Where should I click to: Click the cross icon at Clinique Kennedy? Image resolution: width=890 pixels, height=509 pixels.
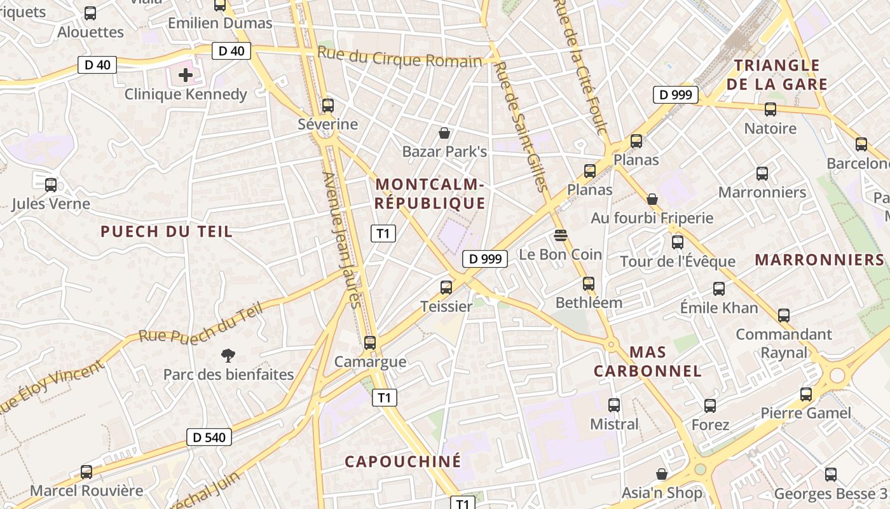[x=186, y=76]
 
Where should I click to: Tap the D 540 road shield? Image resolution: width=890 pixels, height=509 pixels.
[x=209, y=437]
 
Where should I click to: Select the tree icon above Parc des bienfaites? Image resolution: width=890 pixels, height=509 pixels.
[x=228, y=355]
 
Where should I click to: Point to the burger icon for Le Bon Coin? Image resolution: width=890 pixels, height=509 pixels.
[x=560, y=235]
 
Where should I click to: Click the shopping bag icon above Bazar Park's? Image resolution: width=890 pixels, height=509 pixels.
[x=444, y=133]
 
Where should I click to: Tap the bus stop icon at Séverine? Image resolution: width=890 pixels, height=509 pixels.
[x=328, y=106]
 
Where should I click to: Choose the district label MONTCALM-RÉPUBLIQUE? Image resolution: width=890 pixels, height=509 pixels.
[x=430, y=194]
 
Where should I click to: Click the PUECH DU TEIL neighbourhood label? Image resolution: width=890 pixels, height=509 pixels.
[x=167, y=232]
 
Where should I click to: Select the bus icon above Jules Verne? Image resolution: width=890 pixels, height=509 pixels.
[x=51, y=185]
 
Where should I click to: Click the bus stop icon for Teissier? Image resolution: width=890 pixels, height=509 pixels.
[x=446, y=288]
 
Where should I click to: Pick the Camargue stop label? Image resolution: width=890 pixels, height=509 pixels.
[x=370, y=362]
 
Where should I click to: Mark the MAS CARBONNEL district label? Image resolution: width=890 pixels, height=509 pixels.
[x=647, y=361]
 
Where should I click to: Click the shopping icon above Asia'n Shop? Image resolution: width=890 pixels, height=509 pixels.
[x=662, y=474]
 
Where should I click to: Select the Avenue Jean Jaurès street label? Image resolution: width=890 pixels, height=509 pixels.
[x=342, y=240]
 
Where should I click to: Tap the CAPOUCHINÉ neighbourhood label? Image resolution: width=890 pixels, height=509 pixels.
[x=403, y=462]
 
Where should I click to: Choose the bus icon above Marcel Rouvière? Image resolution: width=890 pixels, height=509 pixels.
[x=86, y=472]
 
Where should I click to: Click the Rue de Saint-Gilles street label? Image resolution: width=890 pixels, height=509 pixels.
[x=521, y=126]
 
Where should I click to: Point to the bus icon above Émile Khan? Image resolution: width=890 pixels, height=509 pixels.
[x=719, y=289]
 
